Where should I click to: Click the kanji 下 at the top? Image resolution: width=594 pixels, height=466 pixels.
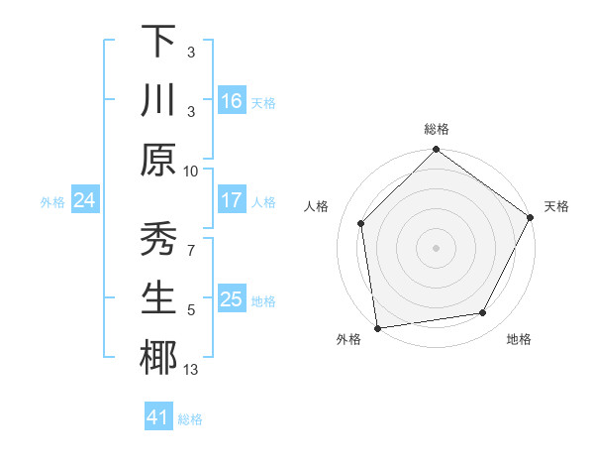coord(158,41)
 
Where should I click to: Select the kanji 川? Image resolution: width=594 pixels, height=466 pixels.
coord(158,100)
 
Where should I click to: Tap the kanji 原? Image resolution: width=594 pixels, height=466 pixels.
coord(158,161)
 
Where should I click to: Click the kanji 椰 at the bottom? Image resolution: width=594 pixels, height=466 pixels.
coord(158,358)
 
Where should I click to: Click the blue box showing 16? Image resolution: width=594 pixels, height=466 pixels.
coord(231,100)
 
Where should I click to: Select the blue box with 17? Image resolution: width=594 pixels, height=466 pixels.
coord(231,200)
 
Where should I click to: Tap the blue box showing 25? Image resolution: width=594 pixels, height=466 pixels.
coord(231,298)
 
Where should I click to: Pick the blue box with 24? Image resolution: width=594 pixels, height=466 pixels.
coord(84,200)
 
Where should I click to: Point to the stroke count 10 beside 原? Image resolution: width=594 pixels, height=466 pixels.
coord(191,170)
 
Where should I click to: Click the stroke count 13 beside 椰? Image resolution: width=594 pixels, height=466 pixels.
coord(191,370)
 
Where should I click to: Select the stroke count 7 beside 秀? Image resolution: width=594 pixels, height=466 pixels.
coord(191,249)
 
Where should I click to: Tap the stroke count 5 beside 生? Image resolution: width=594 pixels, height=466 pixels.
coord(191,309)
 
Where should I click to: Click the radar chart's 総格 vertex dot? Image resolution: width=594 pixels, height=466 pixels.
coord(436,150)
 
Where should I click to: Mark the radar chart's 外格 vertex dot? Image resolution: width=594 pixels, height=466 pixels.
coord(377,327)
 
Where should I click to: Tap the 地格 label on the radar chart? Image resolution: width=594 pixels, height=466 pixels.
coord(519,339)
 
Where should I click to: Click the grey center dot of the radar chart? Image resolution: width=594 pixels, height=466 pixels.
coord(436,247)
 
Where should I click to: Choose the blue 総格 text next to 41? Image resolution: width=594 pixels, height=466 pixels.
coord(190,419)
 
